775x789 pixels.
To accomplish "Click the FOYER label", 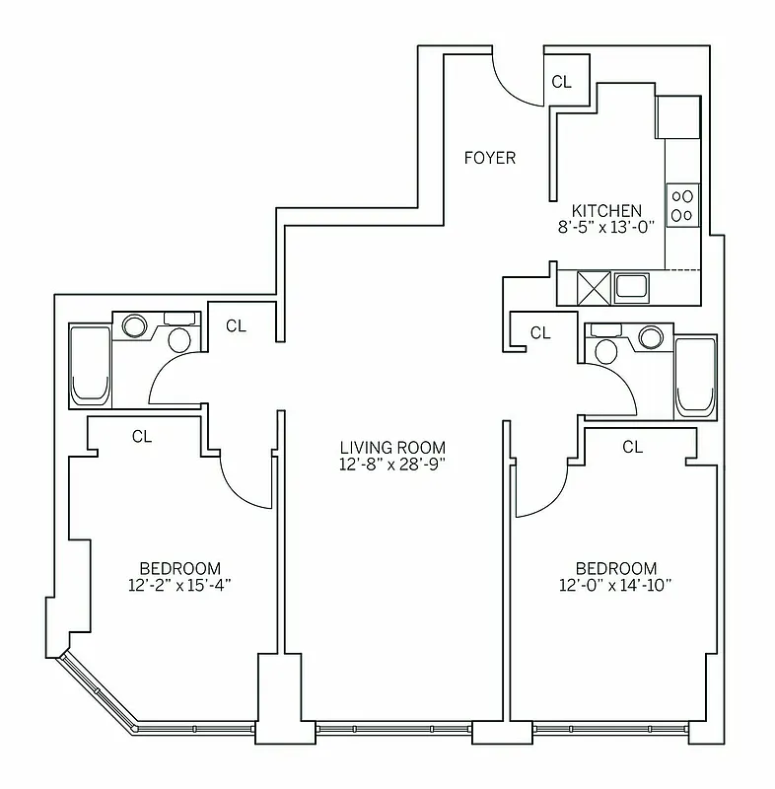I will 491,158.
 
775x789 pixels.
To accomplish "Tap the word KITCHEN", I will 607,210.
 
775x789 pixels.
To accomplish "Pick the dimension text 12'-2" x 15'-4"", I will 178,584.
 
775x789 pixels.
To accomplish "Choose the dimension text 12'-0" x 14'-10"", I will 616,585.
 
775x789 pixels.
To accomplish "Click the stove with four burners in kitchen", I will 682,204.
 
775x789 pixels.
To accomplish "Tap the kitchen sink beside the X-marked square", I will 631,288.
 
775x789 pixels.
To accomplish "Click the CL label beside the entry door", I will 561,82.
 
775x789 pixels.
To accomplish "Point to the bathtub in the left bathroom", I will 90,365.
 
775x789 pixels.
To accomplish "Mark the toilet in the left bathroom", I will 179,340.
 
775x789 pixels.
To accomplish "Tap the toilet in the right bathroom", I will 608,351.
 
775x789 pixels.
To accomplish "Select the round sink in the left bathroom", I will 134,325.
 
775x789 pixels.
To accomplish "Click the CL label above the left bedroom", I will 142,436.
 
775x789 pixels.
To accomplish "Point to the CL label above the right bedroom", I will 632,447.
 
